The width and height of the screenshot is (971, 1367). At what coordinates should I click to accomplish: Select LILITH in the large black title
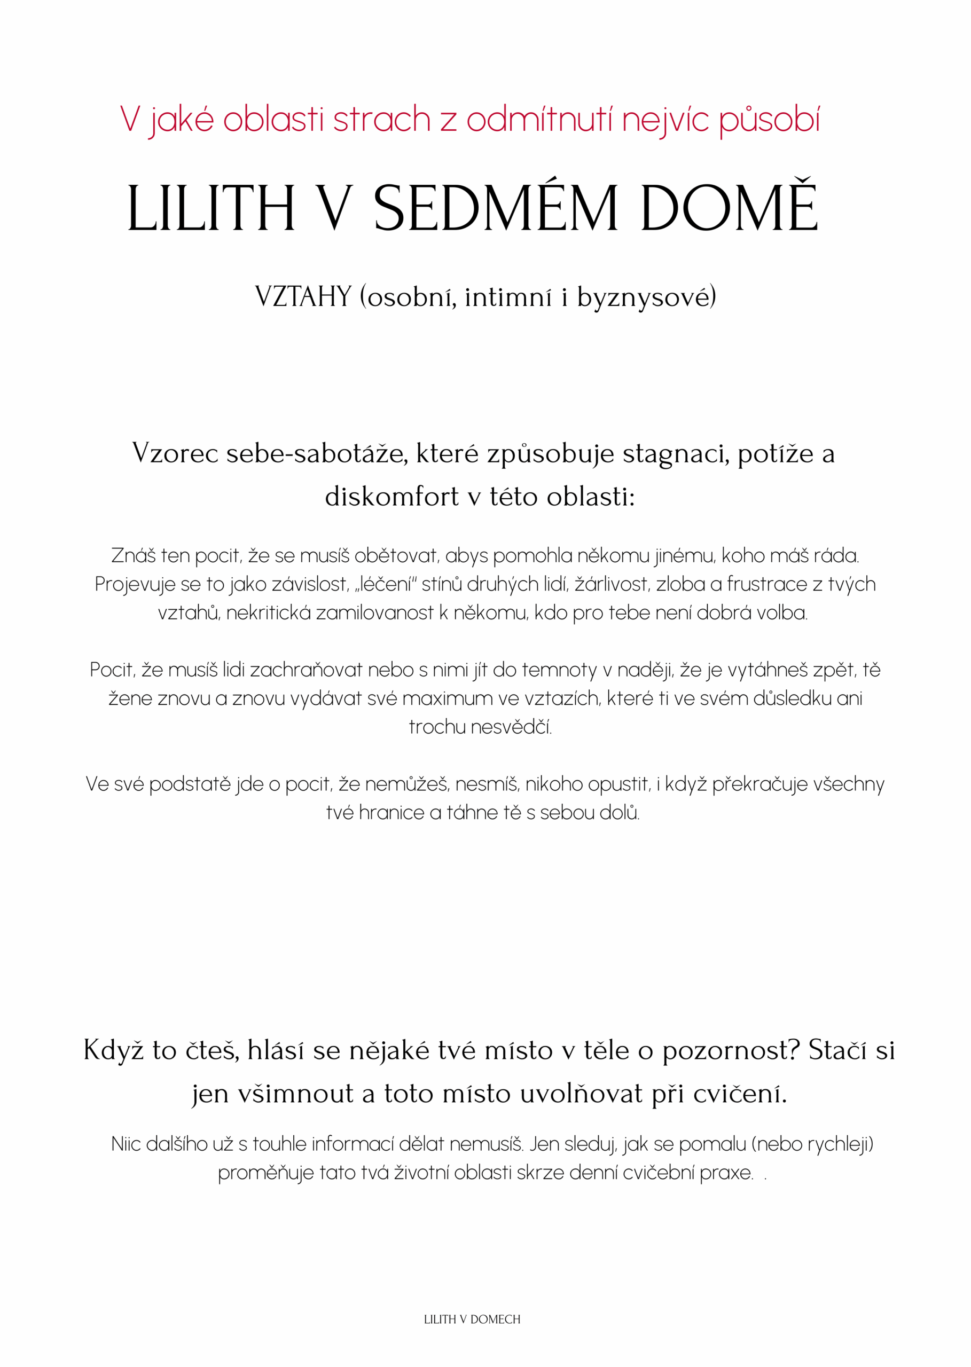click(211, 209)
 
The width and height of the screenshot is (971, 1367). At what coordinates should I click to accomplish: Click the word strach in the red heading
click(381, 119)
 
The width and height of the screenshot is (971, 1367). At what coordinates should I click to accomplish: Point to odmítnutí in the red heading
click(540, 119)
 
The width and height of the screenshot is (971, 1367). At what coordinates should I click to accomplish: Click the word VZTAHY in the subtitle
click(303, 296)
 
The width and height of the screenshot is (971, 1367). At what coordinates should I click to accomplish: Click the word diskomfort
click(391, 497)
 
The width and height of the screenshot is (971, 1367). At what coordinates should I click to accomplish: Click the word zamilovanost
click(374, 612)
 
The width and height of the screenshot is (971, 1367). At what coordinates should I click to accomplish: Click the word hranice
click(391, 813)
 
